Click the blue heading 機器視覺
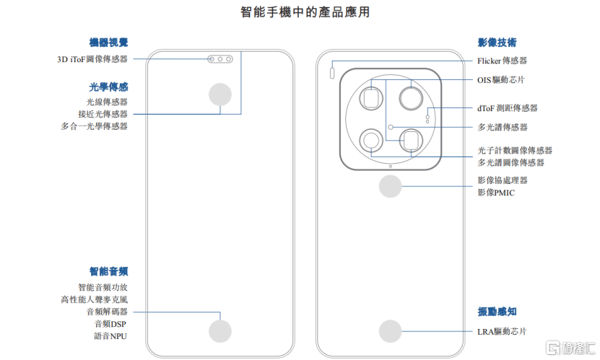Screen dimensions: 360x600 (x=109, y=43)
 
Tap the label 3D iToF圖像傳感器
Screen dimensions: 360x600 (x=92, y=60)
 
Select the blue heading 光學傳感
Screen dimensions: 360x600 (x=109, y=87)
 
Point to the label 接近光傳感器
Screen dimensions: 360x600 (x=103, y=114)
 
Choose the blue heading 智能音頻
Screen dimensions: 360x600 (x=109, y=271)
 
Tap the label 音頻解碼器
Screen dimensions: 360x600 (x=106, y=312)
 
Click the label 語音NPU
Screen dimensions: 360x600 (x=110, y=336)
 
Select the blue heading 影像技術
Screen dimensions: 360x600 (x=497, y=43)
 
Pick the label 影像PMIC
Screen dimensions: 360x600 (x=496, y=193)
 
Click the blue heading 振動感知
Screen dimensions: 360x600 (x=497, y=312)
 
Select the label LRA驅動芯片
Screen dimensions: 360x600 (x=502, y=332)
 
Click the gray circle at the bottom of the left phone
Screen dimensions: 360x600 (x=220, y=330)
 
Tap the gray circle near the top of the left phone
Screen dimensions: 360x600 (x=220, y=95)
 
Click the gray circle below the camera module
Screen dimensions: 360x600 (x=391, y=187)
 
